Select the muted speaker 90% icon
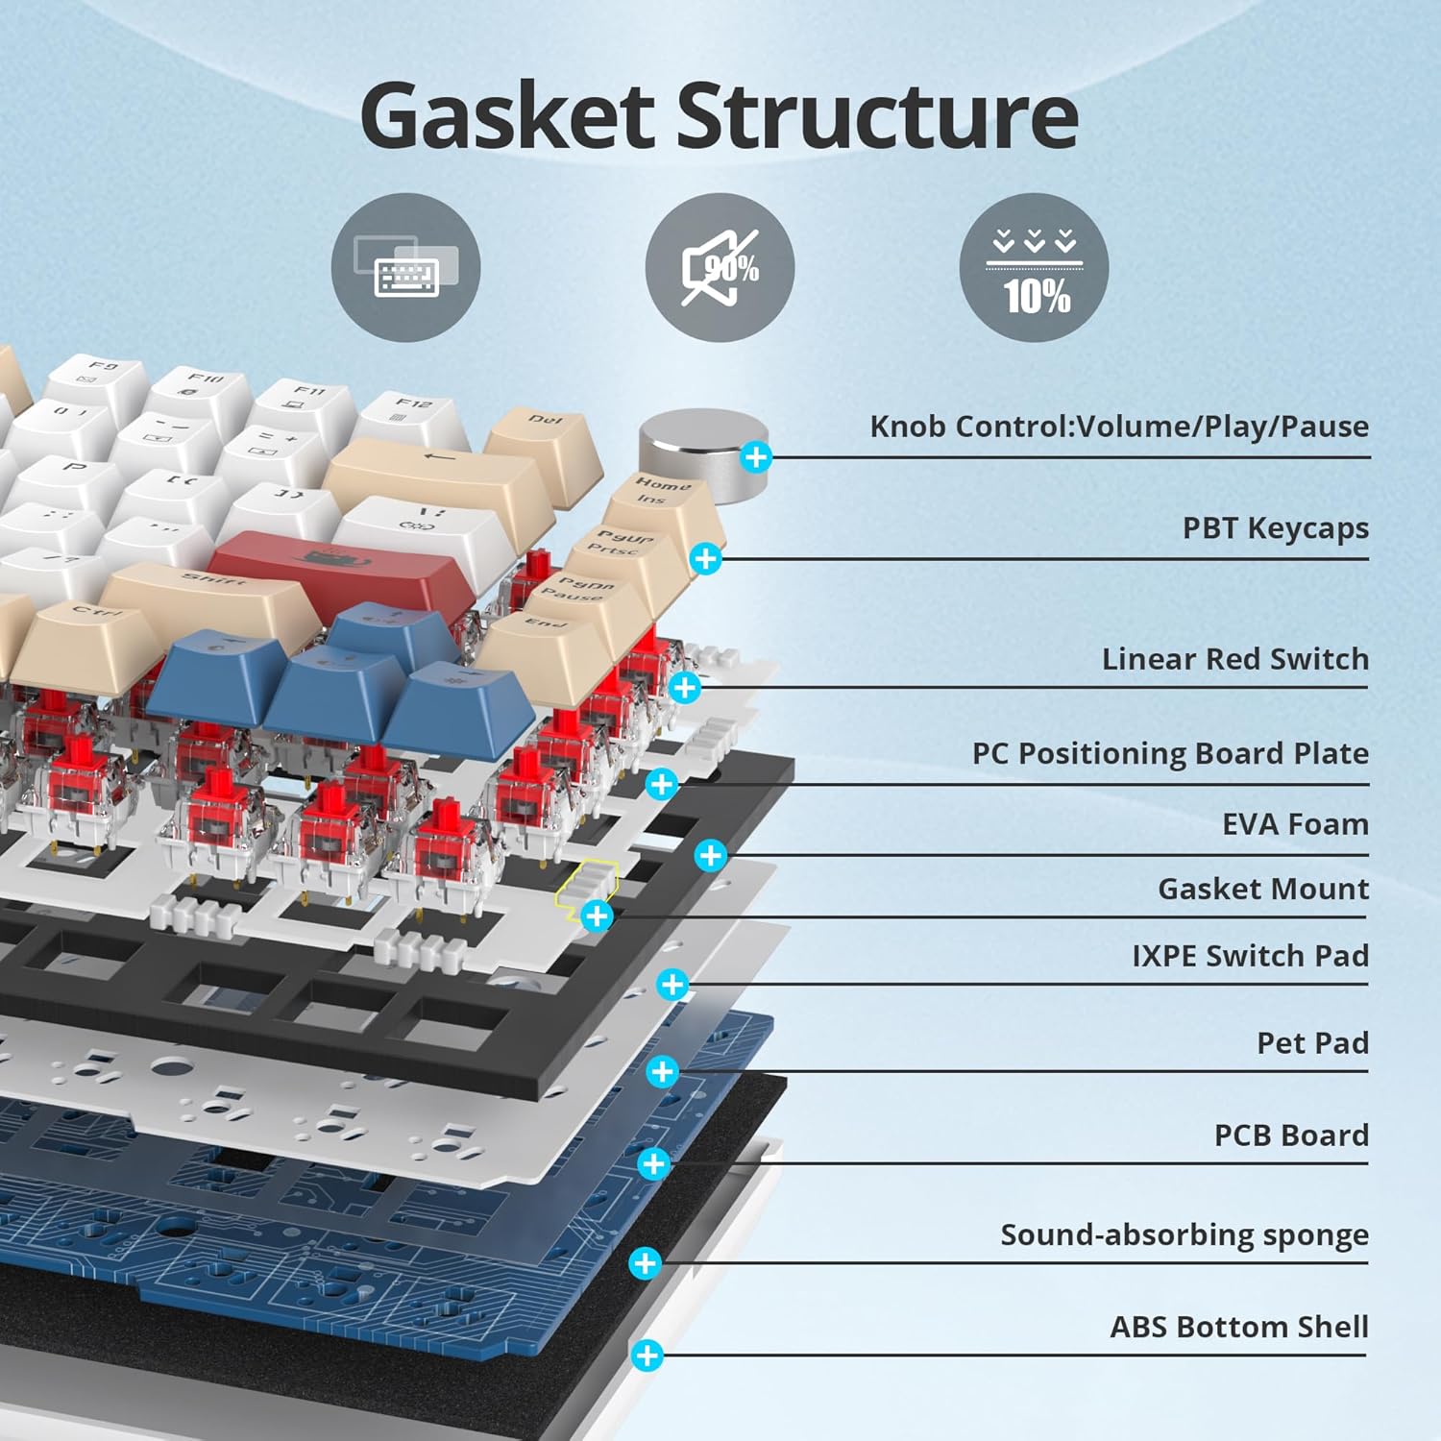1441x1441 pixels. click(x=720, y=268)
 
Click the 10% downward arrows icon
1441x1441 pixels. click(x=1034, y=268)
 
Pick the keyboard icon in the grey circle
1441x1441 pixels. click(x=405, y=268)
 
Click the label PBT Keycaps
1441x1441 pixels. click(x=1275, y=528)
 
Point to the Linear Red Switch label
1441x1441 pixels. click(x=1234, y=659)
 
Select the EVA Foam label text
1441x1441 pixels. click(x=1295, y=824)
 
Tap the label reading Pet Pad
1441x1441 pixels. click(x=1312, y=1043)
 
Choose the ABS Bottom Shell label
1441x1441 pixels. click(x=1238, y=1327)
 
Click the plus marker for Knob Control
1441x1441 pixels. click(x=756, y=457)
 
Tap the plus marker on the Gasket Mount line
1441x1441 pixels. click(x=597, y=916)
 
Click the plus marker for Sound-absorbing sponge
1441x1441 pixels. click(x=646, y=1263)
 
